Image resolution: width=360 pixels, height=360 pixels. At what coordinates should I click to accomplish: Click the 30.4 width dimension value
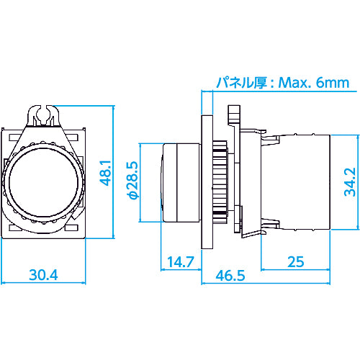[x=45, y=274]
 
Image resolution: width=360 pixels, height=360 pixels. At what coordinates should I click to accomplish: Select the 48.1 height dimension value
[x=105, y=174]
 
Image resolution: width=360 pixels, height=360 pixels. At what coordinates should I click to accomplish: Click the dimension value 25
[x=295, y=261]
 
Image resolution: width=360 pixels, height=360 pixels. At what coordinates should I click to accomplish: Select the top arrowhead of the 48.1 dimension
[x=114, y=105]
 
